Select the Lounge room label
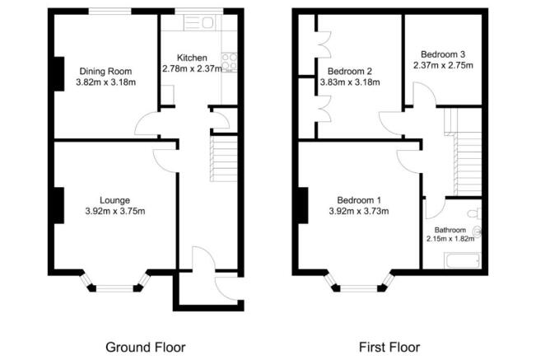click(114, 199)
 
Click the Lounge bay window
click(114, 286)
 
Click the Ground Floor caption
click(145, 346)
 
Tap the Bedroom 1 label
click(360, 199)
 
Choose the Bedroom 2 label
click(350, 70)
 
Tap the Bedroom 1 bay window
click(358, 286)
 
